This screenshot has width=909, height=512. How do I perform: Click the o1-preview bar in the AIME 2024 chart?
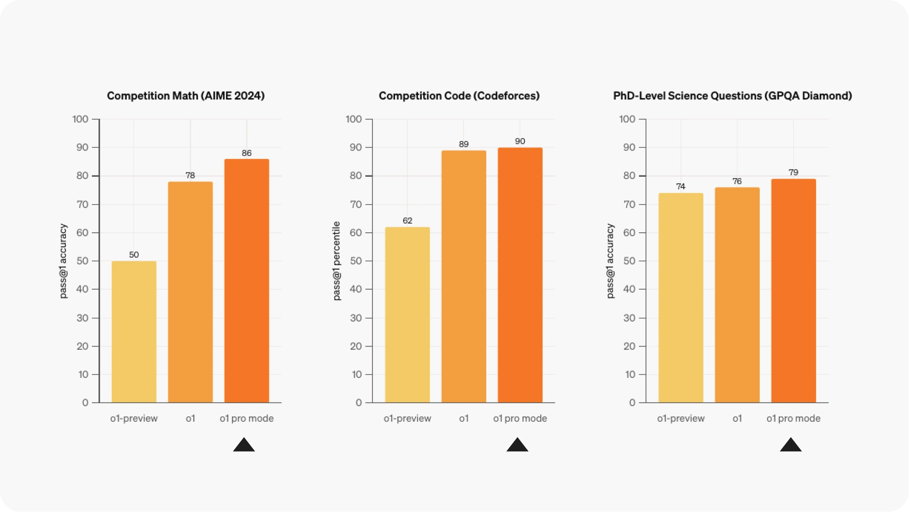[134, 332]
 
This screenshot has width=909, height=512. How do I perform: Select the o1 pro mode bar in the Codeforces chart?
[520, 275]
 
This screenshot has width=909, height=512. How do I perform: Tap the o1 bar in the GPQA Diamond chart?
[737, 295]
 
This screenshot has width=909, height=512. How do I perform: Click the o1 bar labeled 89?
[464, 277]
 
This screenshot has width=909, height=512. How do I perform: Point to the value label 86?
[246, 153]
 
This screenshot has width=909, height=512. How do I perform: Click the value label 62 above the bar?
[407, 221]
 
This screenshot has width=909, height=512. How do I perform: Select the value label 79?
[793, 172]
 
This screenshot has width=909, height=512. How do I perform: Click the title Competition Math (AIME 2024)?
[186, 96]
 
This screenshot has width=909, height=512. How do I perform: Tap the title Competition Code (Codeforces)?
[459, 96]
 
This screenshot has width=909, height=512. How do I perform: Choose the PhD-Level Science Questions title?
[732, 96]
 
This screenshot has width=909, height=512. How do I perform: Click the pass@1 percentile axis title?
[337, 261]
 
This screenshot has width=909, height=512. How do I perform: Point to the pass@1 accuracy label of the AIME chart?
[63, 261]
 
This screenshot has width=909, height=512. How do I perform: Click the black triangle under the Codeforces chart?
[517, 445]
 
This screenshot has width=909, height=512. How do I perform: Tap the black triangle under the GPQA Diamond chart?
[791, 445]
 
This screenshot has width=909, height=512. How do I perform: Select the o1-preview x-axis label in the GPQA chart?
[681, 419]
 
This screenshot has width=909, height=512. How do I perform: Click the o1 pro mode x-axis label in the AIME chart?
[246, 419]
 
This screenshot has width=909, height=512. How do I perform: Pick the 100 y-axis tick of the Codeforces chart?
[353, 119]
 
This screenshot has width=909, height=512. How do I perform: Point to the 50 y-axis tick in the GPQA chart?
[629, 261]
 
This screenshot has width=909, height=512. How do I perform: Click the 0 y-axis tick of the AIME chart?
[85, 403]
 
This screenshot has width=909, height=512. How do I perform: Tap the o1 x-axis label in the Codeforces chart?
[464, 419]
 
